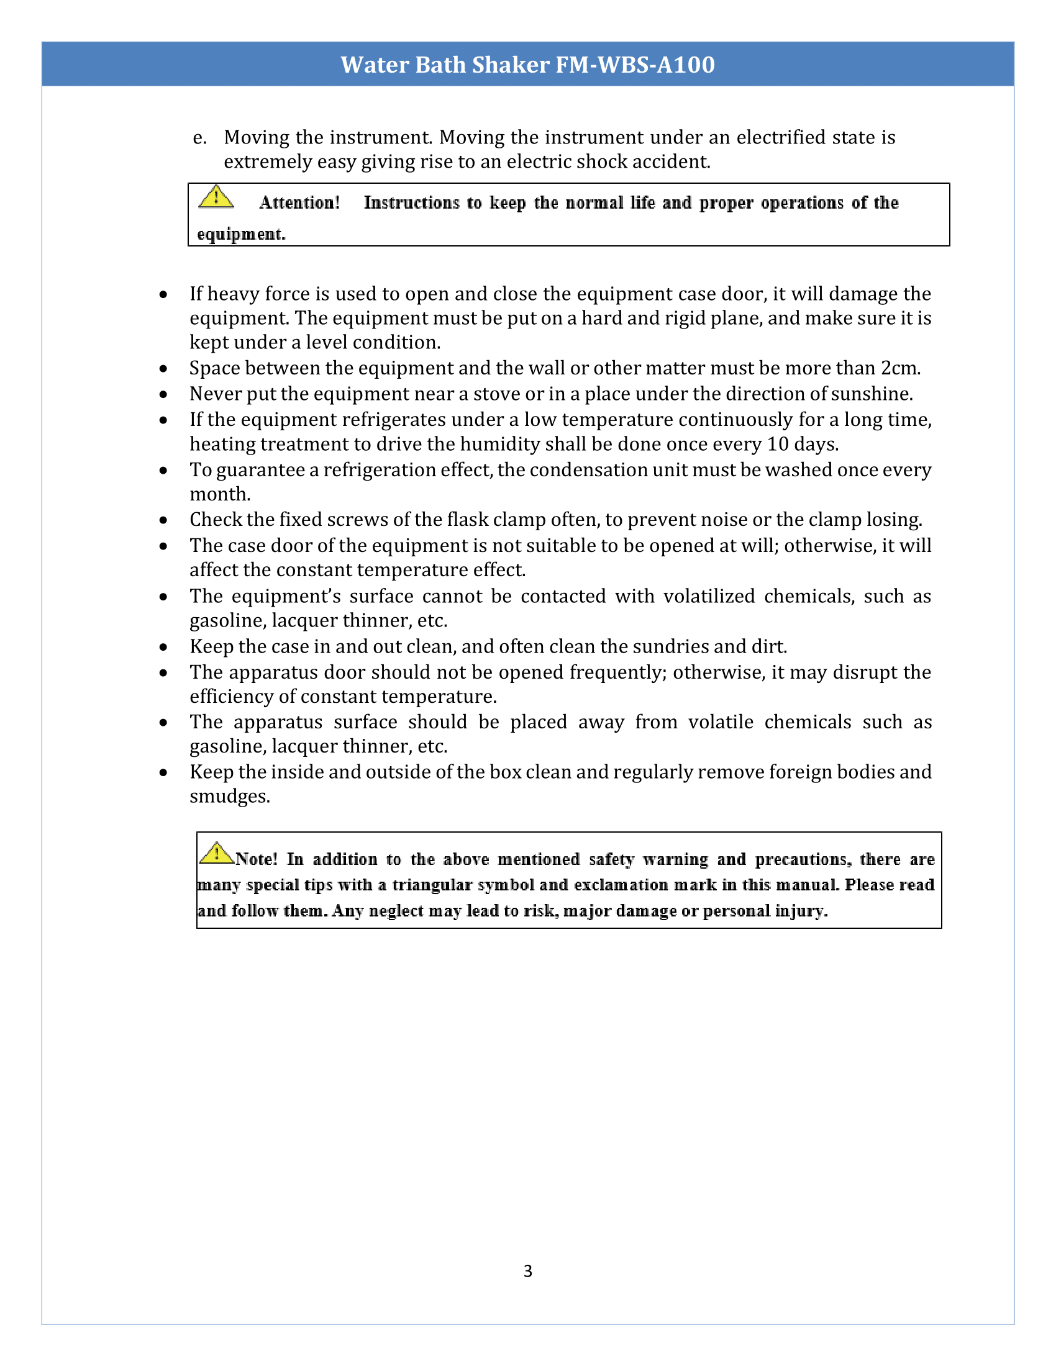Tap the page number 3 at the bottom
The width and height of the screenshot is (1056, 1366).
pos(527,1271)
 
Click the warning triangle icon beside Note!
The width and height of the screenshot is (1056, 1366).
pos(216,853)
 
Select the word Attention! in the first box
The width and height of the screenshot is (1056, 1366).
pos(299,202)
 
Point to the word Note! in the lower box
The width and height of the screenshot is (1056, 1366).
pos(256,859)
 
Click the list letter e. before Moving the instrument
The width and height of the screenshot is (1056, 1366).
pos(199,138)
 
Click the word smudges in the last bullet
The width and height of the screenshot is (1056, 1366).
pos(230,797)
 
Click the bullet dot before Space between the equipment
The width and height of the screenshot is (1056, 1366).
pos(163,369)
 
